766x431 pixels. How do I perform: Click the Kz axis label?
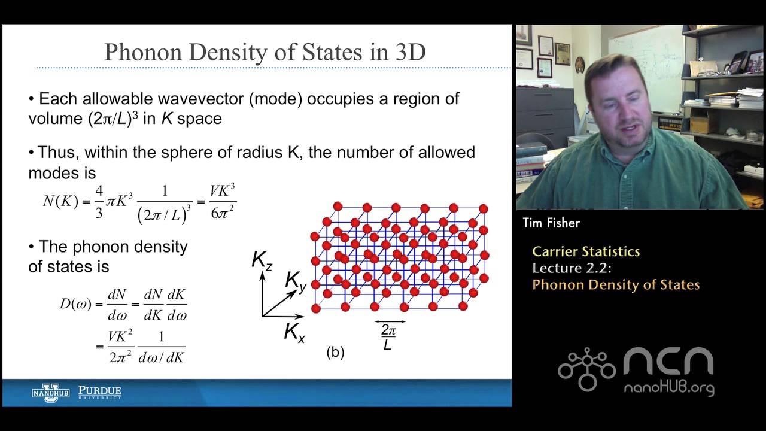(262, 260)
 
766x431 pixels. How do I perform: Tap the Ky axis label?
(296, 281)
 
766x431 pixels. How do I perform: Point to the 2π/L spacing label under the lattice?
(388, 336)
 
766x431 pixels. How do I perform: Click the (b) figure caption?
(335, 352)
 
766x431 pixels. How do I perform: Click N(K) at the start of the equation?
(60, 202)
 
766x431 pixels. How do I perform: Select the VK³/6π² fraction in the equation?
(223, 202)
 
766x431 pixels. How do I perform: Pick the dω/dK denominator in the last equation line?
(161, 357)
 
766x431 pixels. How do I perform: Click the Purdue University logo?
(99, 393)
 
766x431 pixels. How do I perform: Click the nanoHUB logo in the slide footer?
(51, 393)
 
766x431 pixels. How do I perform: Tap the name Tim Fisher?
(551, 223)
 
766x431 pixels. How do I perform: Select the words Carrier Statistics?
(586, 251)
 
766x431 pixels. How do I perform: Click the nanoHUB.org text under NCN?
(668, 388)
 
